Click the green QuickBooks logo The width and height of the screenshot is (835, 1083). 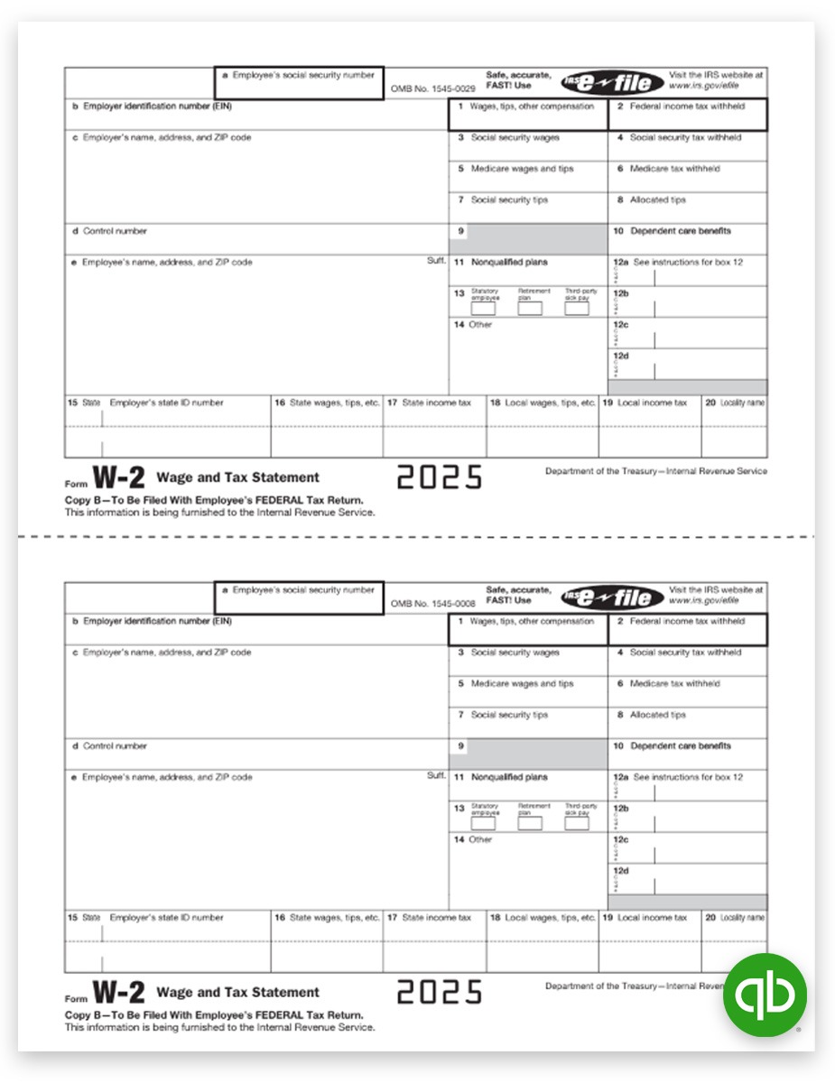pyautogui.click(x=765, y=994)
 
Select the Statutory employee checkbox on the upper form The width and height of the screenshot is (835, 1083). pyautogui.click(x=484, y=309)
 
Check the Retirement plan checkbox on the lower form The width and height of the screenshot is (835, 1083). pyautogui.click(x=530, y=823)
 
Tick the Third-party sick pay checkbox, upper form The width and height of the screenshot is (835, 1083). pyautogui.click(x=577, y=309)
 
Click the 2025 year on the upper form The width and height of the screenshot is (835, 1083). pyautogui.click(x=440, y=477)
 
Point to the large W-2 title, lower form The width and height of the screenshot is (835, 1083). pyautogui.click(x=119, y=993)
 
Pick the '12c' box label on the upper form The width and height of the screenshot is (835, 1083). pyautogui.click(x=621, y=325)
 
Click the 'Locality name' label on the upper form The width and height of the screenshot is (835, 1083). pyautogui.click(x=742, y=403)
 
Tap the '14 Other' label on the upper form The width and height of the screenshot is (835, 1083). pyautogui.click(x=473, y=325)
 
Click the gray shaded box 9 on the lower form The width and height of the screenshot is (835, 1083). pyautogui.click(x=528, y=753)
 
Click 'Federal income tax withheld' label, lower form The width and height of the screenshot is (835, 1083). pyautogui.click(x=687, y=622)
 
